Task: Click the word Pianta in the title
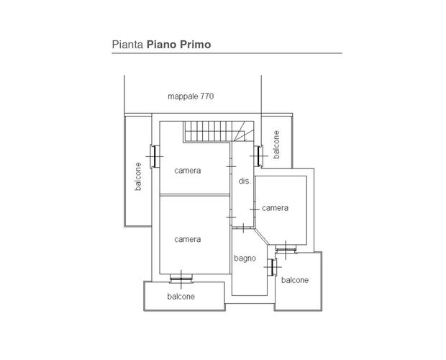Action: pos(127,45)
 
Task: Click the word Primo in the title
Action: pos(195,45)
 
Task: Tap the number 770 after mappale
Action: pos(207,96)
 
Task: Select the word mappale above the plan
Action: pos(183,96)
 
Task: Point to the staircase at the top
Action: pos(218,131)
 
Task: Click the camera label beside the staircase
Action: pos(188,171)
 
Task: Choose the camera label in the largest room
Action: pos(188,239)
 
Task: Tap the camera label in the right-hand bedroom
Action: pos(275,208)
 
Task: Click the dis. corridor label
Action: pos(245,181)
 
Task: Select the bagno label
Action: pos(245,258)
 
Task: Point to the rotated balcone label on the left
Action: pos(138,176)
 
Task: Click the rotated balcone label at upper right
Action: pos(276,145)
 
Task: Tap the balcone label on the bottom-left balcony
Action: pos(181,297)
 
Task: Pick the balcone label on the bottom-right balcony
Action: pos(295,280)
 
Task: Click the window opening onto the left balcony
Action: pos(155,156)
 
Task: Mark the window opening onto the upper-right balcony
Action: pos(258,156)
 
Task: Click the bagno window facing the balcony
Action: pos(273,267)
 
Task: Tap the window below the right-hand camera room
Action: pos(286,248)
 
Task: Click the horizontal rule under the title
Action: pos(227,53)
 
